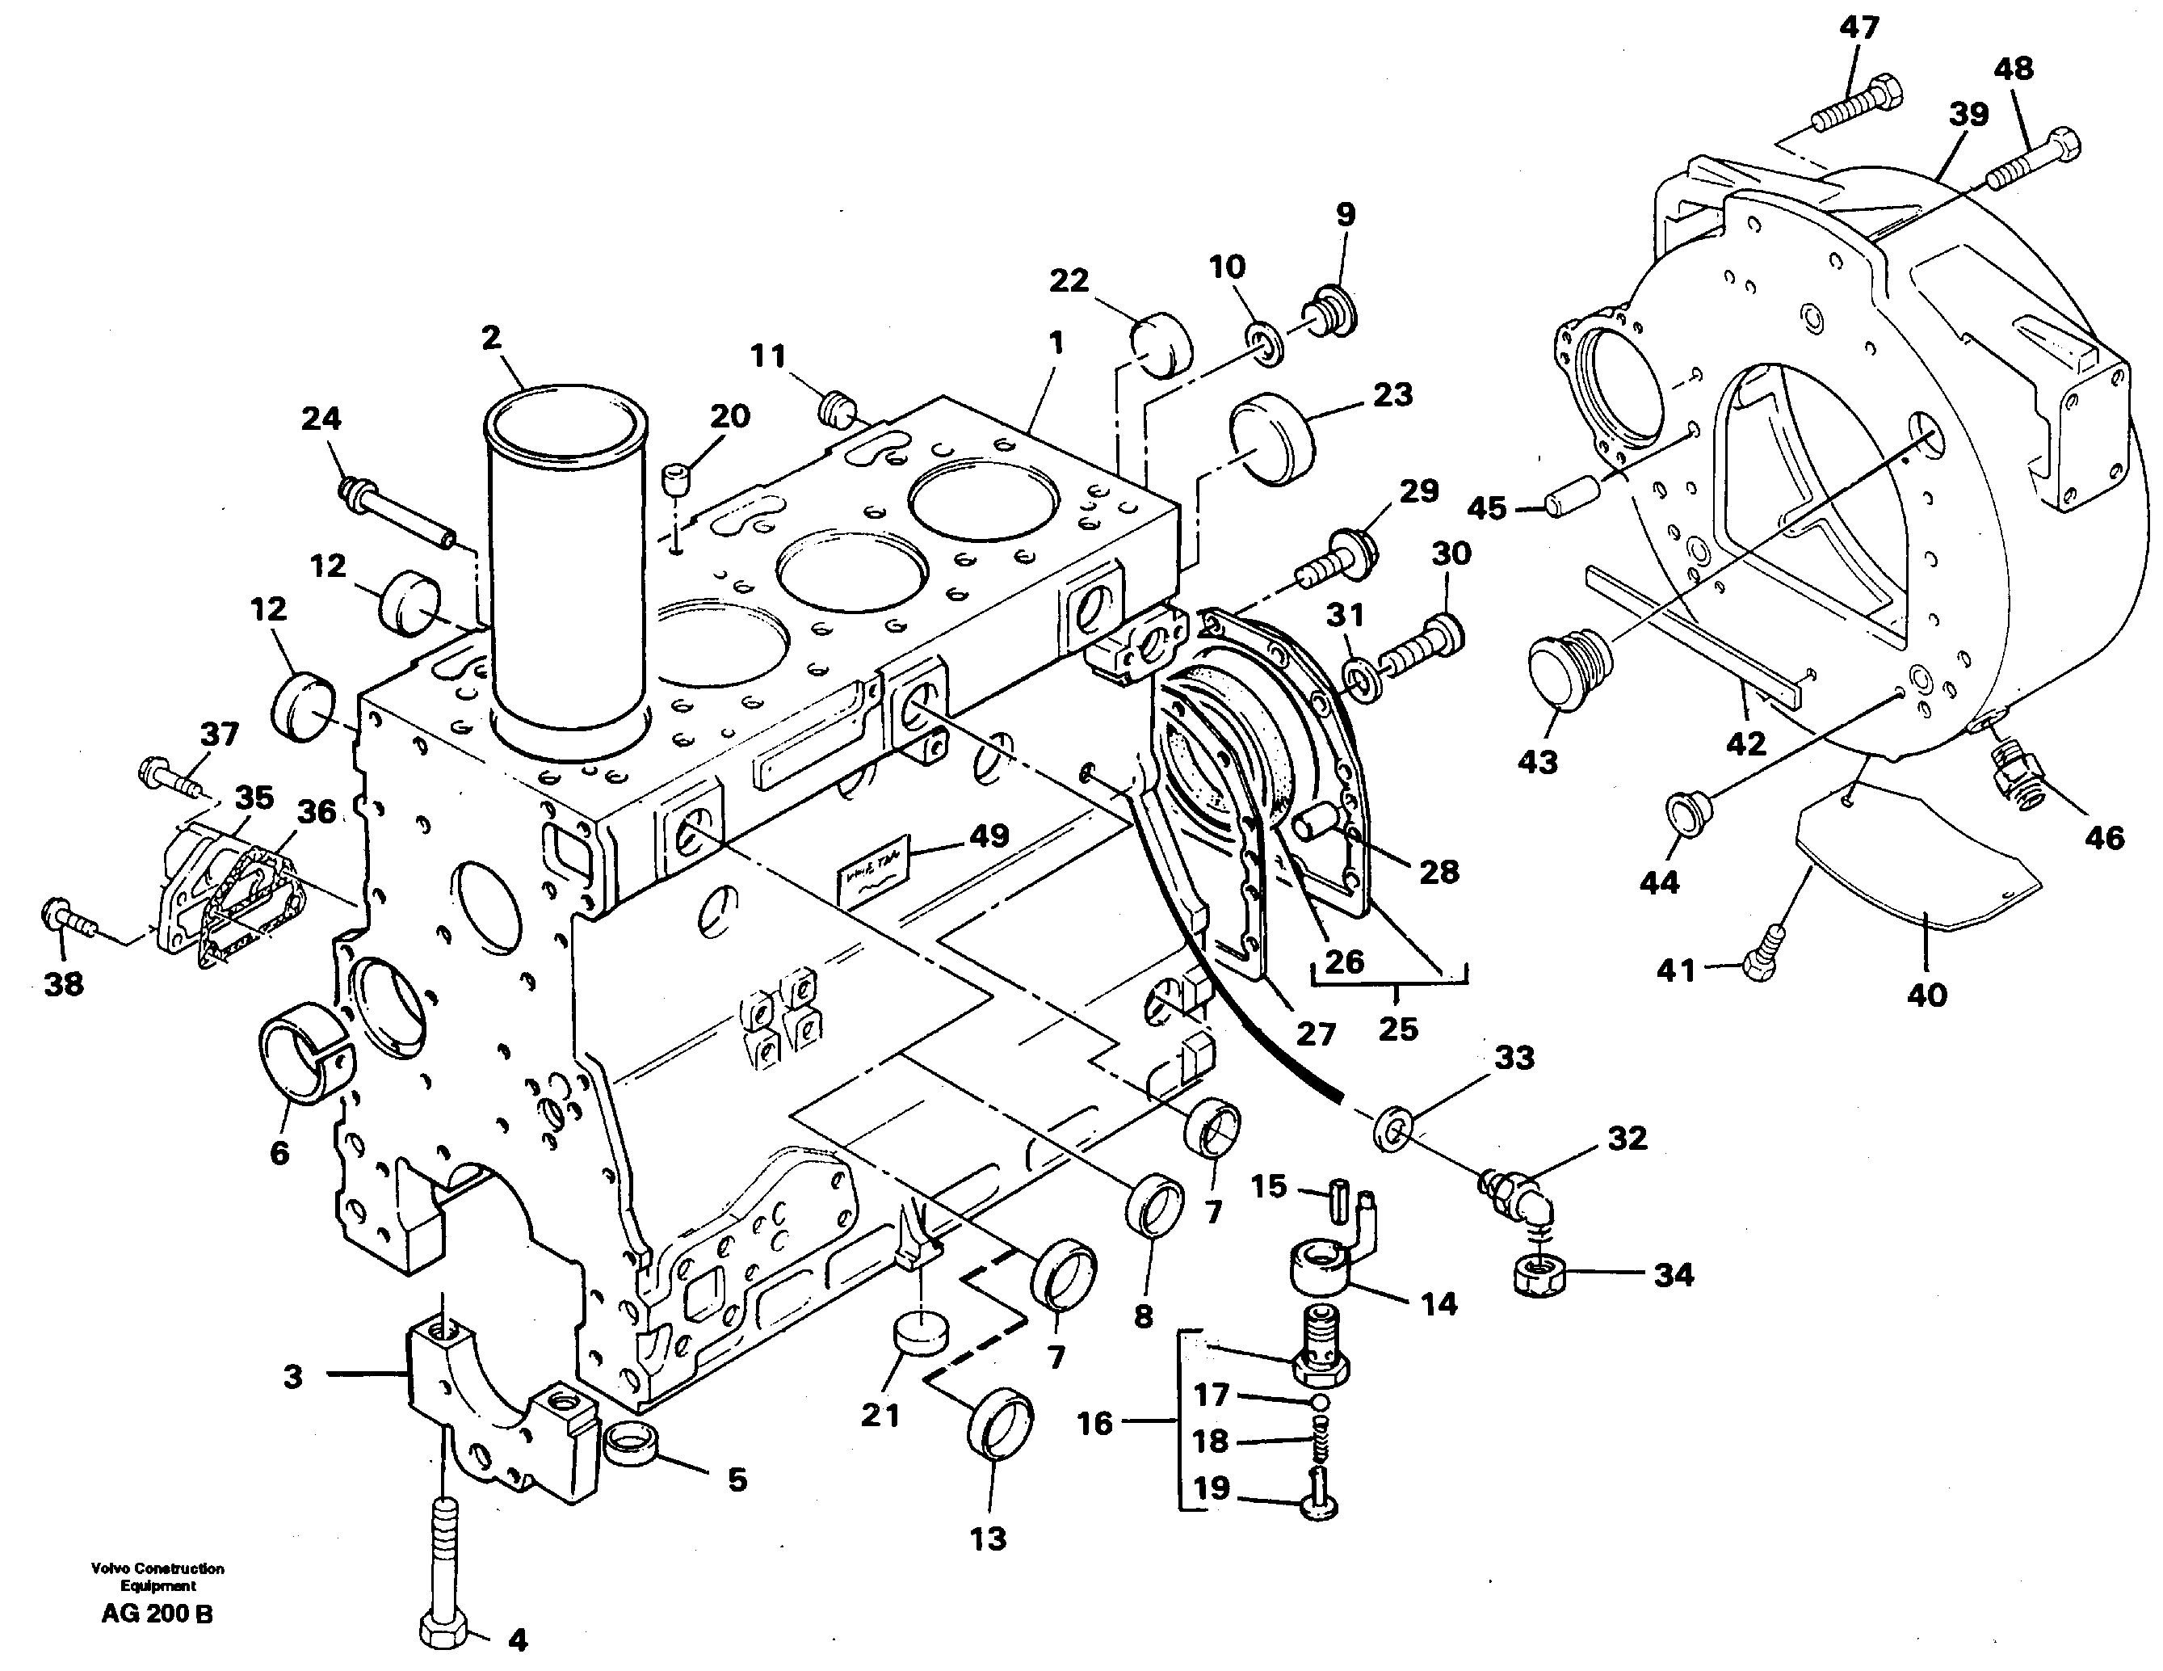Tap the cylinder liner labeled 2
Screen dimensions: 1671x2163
(565, 575)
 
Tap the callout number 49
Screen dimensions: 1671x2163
(989, 836)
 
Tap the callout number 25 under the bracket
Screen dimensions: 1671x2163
(1397, 1029)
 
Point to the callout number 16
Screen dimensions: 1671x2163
(1094, 1425)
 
